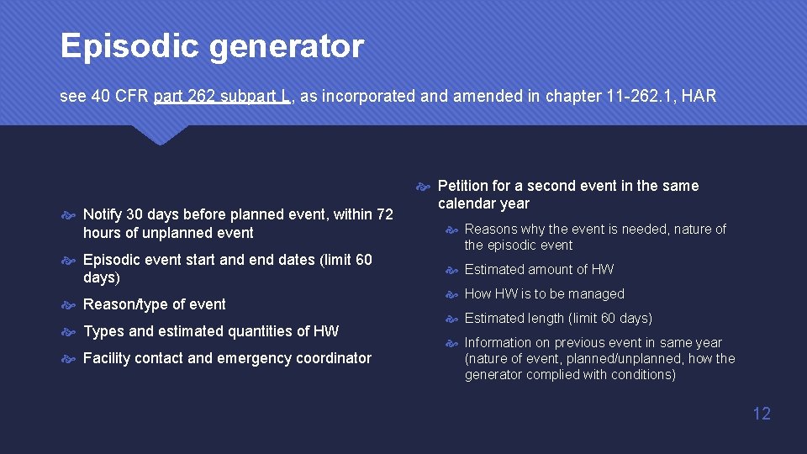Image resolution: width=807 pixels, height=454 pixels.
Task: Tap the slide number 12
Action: coord(762,414)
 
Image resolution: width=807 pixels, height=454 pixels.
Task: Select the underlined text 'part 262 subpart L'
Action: coord(223,96)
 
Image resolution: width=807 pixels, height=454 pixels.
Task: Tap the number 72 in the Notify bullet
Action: coord(384,214)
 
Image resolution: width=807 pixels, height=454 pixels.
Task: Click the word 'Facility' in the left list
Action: coord(108,358)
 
